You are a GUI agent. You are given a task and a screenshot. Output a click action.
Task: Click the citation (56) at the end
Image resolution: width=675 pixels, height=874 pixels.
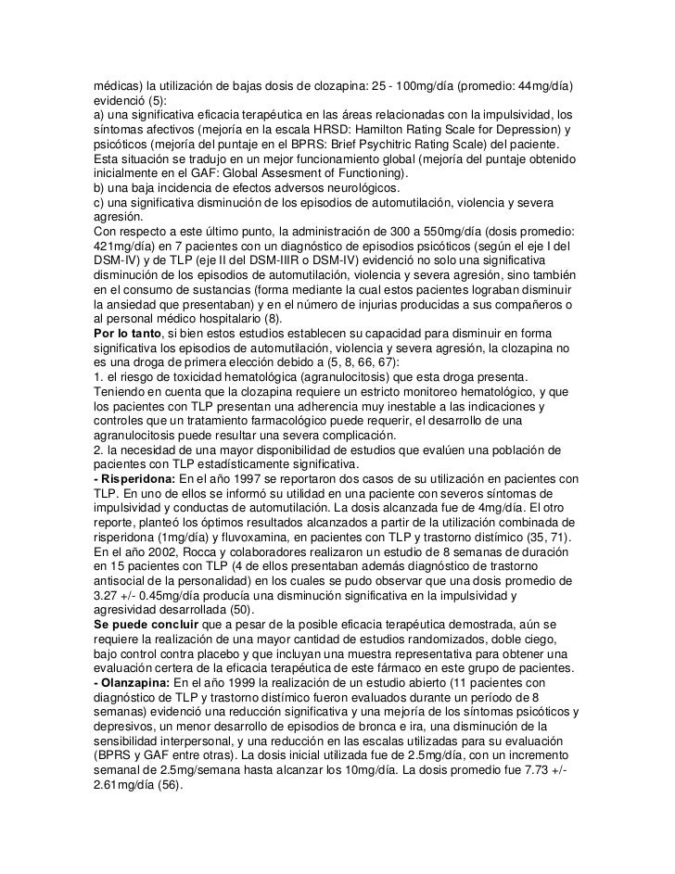point(167,785)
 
